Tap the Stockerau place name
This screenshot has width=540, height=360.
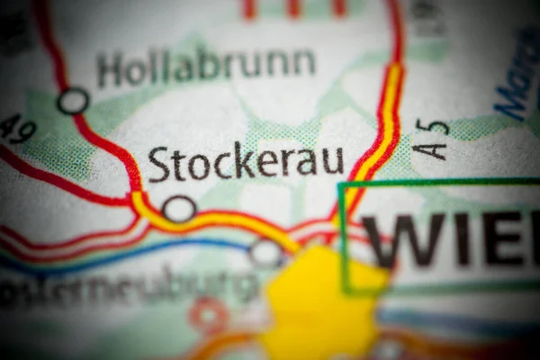[x=246, y=161]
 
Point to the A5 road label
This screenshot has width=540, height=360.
[x=432, y=139]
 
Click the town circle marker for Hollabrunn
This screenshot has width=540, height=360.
[x=73, y=101]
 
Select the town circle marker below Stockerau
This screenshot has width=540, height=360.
[x=179, y=209]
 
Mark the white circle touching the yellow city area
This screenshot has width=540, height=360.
[x=265, y=253]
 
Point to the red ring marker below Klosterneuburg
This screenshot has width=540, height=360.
[x=209, y=315]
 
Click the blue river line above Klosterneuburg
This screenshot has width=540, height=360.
[x=180, y=243]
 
